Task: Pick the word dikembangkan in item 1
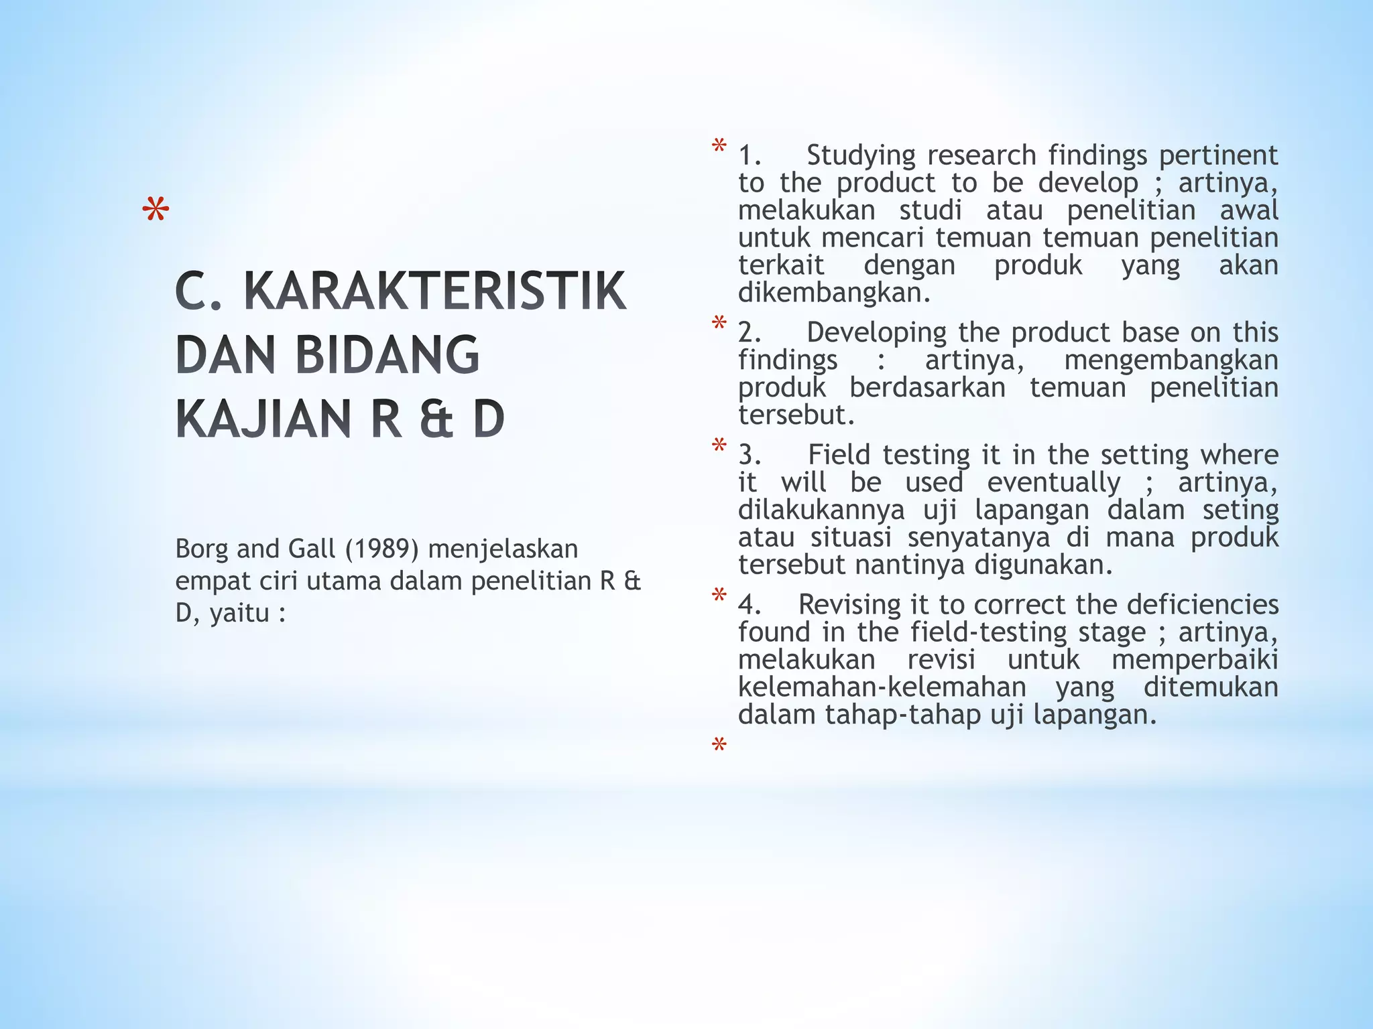[x=834, y=293]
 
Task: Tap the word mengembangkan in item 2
[x=1171, y=360]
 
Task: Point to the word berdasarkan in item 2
[x=927, y=388]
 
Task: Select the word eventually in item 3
[x=1053, y=483]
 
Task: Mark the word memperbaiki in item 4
[x=1194, y=660]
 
